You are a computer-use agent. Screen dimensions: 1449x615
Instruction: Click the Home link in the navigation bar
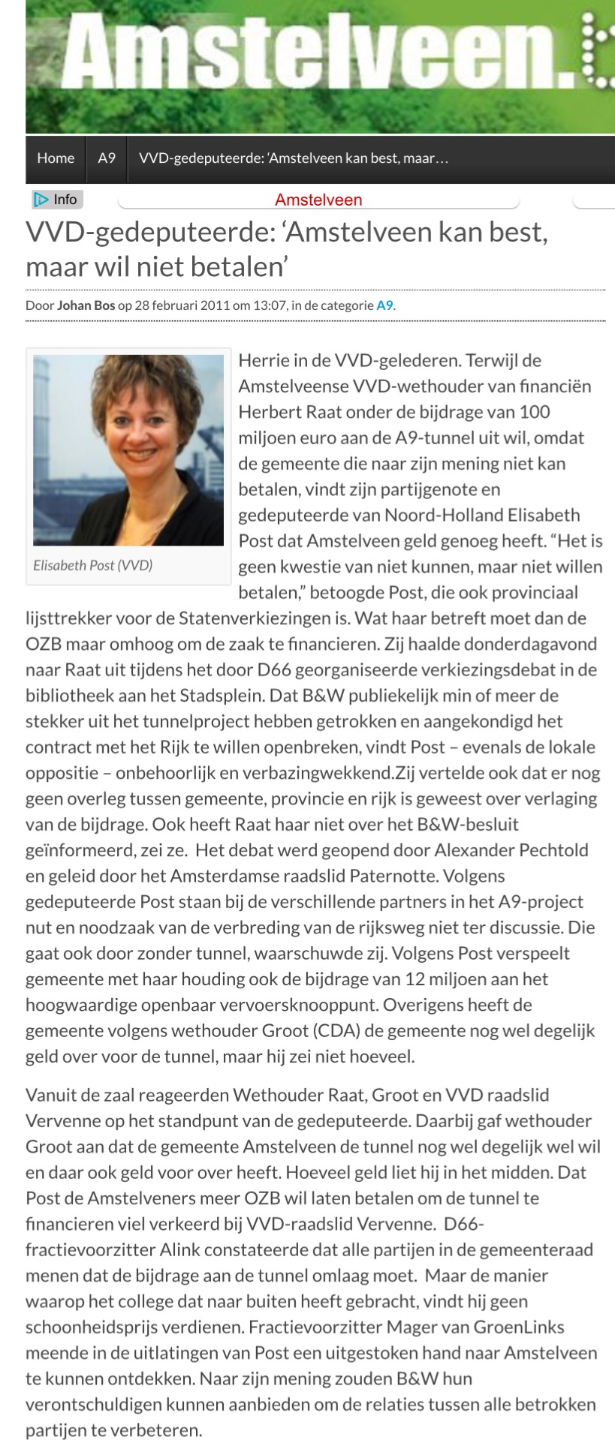coord(56,158)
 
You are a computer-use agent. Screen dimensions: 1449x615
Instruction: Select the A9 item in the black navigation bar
coord(107,158)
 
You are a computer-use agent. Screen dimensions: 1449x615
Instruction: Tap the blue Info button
coord(57,200)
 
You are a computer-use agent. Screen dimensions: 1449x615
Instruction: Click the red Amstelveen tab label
coord(318,200)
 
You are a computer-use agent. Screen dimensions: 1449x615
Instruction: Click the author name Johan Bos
coord(86,305)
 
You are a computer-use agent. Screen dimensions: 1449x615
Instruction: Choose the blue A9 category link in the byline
coord(384,305)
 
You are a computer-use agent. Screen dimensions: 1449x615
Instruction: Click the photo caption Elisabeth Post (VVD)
coord(93,565)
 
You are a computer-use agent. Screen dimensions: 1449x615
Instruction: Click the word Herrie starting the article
coord(263,360)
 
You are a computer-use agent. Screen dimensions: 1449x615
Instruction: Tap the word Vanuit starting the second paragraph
coord(52,1095)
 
